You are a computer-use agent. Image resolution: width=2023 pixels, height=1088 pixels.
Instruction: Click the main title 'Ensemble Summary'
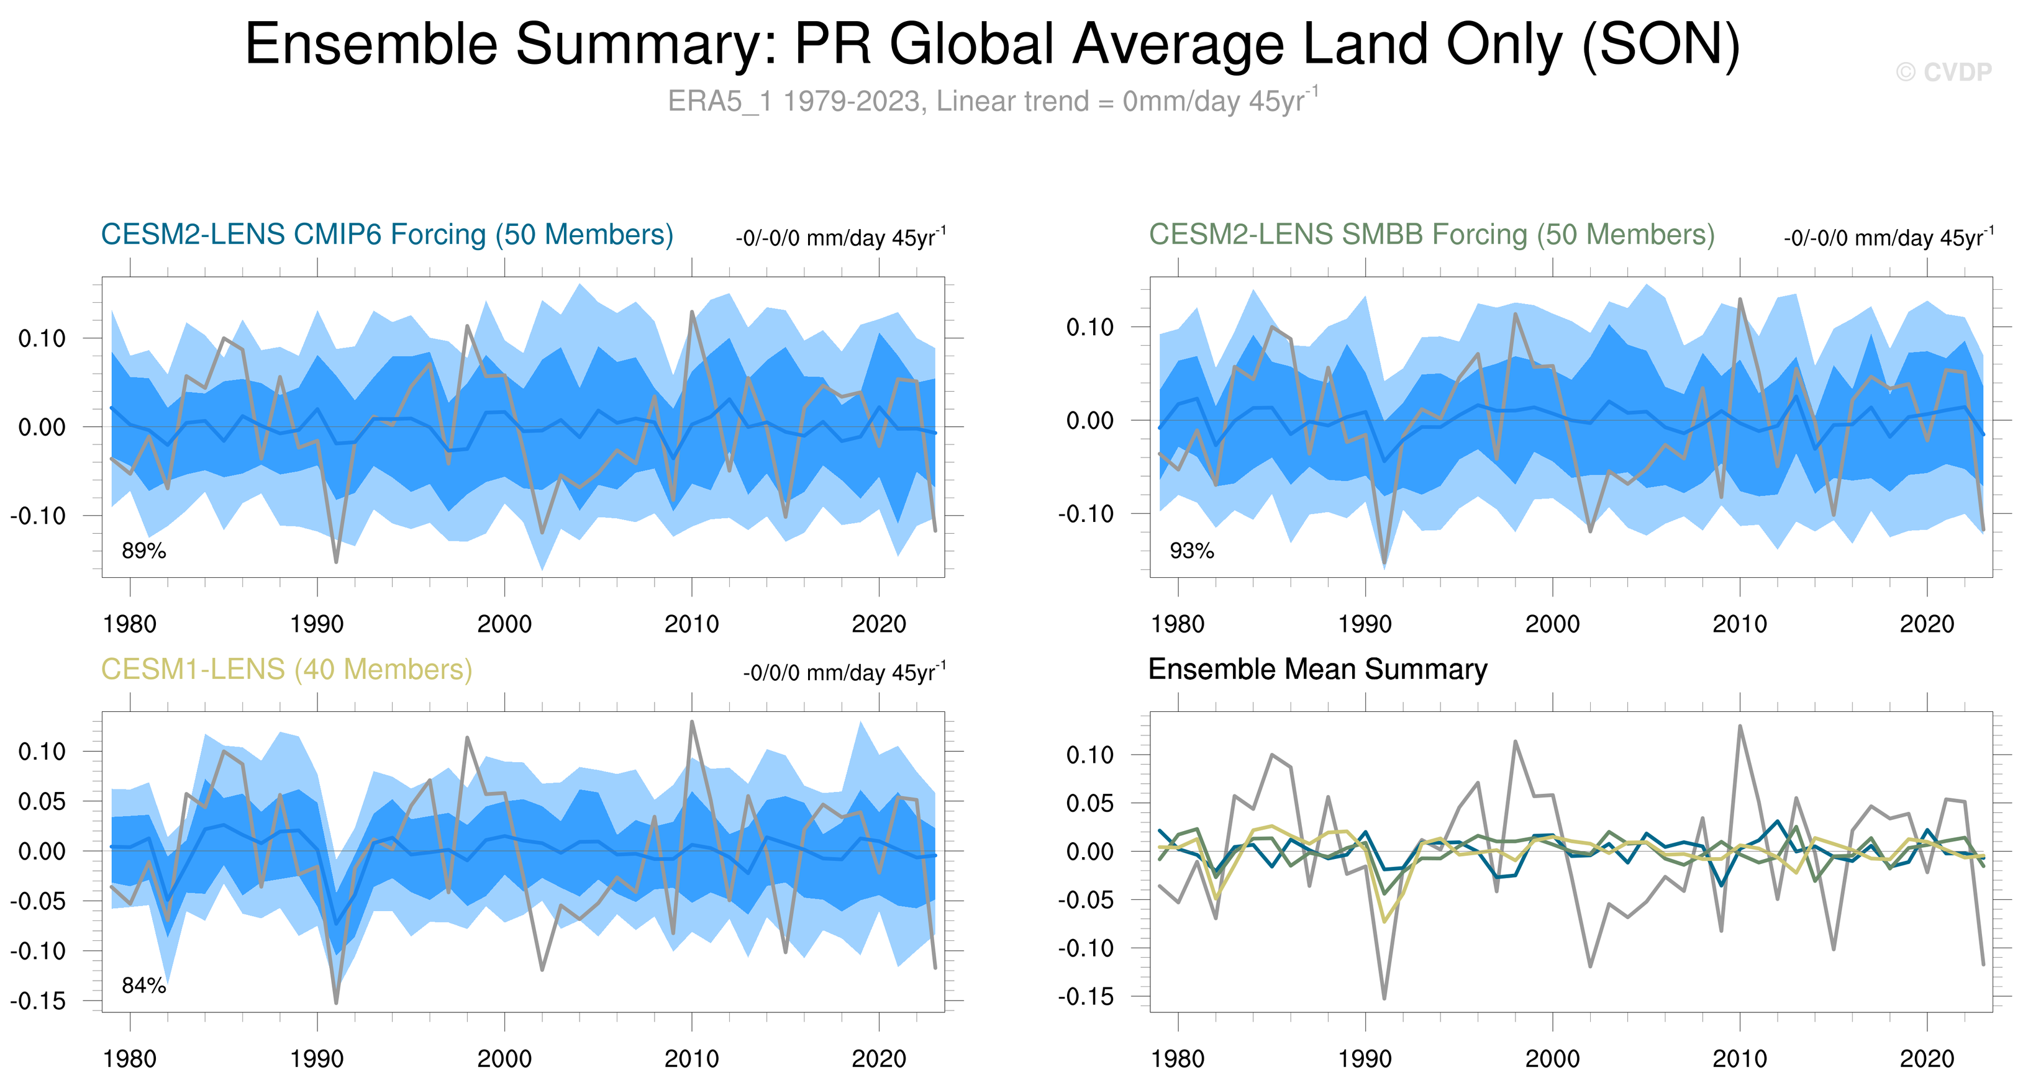click(x=993, y=44)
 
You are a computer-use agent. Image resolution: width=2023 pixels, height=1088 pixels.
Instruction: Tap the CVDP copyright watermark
click(x=1943, y=72)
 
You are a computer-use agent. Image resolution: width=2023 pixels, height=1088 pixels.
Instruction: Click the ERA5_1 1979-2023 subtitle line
click(x=993, y=101)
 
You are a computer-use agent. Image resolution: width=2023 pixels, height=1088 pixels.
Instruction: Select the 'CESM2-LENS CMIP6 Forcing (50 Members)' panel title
click(x=387, y=235)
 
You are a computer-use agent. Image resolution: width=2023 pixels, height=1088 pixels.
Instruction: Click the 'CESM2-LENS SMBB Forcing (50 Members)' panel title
click(x=1431, y=235)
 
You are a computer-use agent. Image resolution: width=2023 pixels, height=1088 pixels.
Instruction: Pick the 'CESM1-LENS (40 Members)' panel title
click(x=286, y=670)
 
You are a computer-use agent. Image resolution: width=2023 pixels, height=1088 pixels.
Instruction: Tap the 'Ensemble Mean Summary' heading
click(x=1317, y=670)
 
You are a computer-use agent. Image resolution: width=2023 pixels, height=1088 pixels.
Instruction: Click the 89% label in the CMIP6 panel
click(x=143, y=551)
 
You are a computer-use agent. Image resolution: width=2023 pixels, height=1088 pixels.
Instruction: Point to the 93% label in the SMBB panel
click(x=1191, y=551)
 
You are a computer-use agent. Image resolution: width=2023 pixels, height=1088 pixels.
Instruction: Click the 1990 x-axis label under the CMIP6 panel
click(x=317, y=624)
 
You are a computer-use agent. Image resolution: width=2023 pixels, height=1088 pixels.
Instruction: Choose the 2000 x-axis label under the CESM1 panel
click(x=504, y=1059)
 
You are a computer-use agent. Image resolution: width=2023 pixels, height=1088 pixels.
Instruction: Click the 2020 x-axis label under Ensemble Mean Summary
click(x=1926, y=1059)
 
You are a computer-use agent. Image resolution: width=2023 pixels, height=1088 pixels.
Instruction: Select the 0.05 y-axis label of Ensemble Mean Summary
click(x=1091, y=803)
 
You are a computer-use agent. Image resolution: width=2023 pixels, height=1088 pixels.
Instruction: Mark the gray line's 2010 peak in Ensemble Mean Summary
click(x=1740, y=726)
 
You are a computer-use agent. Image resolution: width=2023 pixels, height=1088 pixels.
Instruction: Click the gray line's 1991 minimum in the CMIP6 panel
click(x=336, y=561)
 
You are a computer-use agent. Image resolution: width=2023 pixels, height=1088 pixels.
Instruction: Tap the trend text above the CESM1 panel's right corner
click(x=844, y=673)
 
